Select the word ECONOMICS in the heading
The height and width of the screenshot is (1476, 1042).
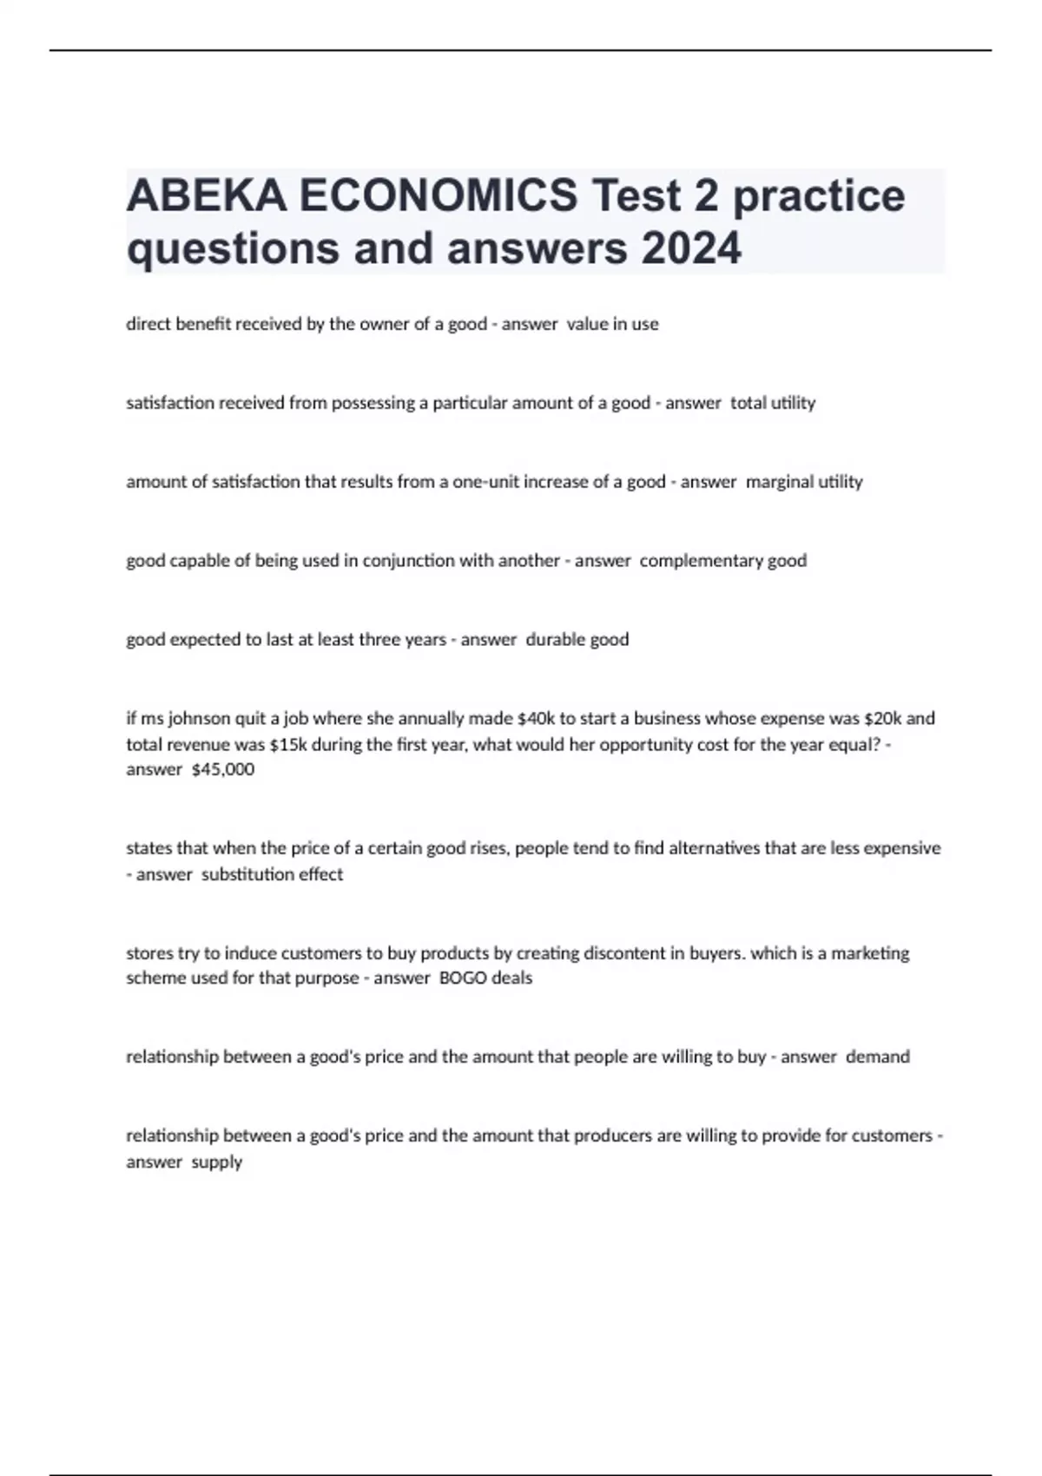(439, 194)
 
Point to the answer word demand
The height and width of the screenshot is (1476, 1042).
(878, 1057)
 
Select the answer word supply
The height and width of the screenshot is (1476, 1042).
(217, 1162)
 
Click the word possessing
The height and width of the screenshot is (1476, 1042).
(374, 403)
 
